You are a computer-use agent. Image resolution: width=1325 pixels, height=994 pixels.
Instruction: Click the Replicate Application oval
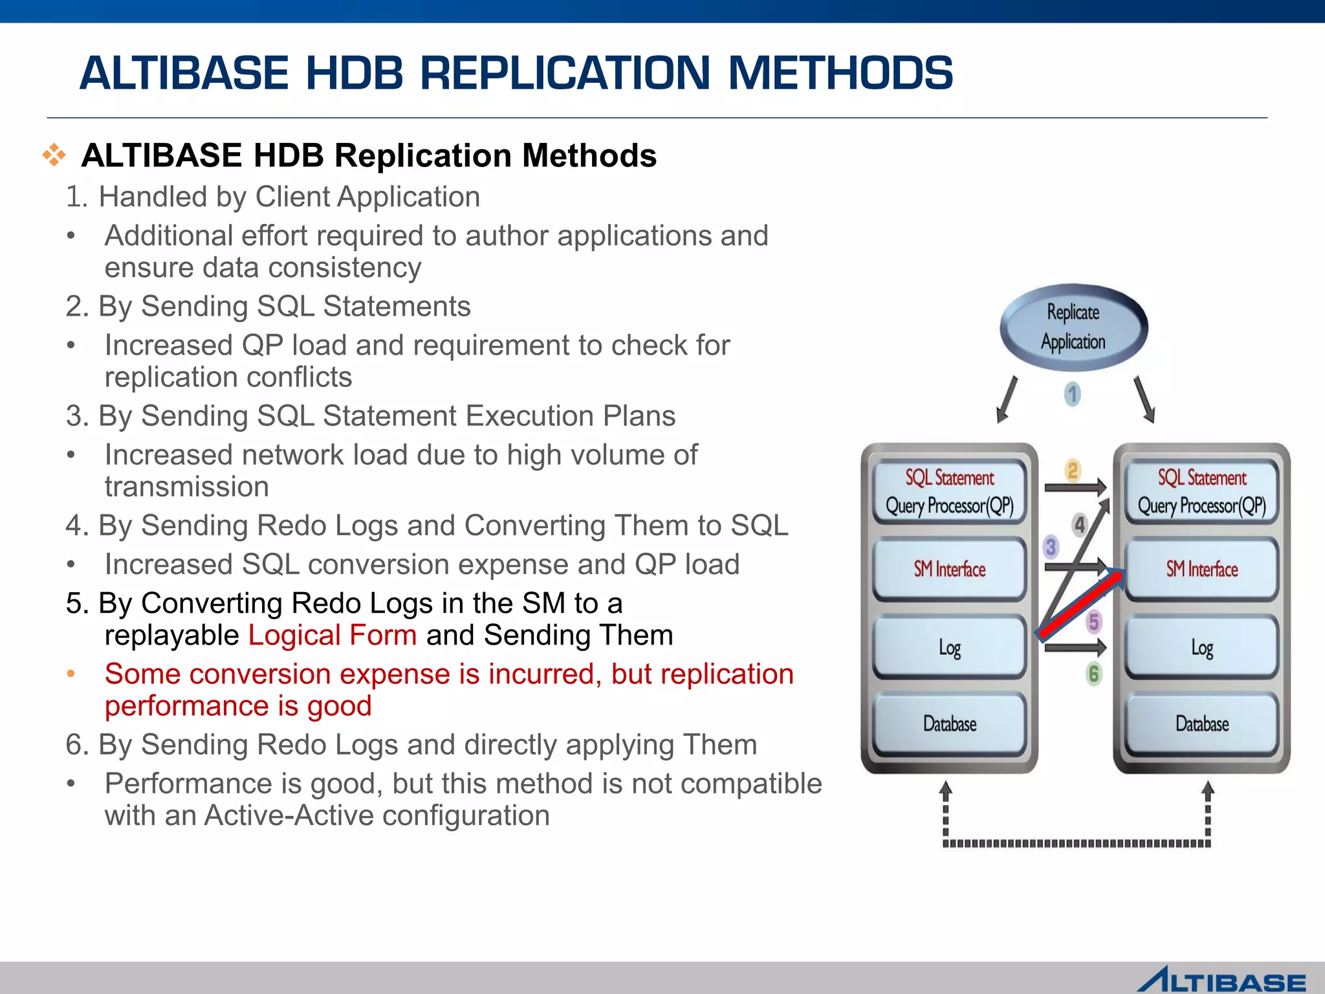[1073, 327]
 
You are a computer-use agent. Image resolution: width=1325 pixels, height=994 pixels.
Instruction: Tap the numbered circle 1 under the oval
[1072, 393]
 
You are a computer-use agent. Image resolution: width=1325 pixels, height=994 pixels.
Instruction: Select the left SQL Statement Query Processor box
[949, 492]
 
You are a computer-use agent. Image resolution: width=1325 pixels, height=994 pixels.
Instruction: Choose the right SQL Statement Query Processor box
[1201, 492]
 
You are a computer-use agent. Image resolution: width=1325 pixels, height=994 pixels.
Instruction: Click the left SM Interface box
[949, 569]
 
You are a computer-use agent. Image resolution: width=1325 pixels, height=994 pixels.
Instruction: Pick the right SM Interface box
[1201, 569]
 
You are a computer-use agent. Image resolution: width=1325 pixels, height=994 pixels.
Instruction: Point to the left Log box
[949, 647]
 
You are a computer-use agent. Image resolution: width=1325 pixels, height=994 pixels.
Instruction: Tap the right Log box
[1201, 647]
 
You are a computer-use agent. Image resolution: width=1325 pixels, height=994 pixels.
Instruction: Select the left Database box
[949, 723]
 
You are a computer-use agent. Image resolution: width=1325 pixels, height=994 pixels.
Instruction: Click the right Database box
[1201, 723]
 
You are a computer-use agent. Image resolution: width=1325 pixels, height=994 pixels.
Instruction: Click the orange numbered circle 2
[1073, 470]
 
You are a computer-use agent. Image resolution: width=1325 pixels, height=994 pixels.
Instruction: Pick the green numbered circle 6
[1093, 674]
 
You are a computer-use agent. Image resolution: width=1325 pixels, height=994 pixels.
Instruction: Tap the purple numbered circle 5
[1093, 622]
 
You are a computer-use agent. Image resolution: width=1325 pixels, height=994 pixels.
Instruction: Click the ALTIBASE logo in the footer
[1221, 980]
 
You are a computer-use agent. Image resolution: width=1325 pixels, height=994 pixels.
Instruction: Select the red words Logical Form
[333, 635]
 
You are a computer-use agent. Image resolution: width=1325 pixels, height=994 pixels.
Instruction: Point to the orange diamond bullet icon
[54, 155]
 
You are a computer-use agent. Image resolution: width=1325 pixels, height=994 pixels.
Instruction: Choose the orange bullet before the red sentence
[71, 674]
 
